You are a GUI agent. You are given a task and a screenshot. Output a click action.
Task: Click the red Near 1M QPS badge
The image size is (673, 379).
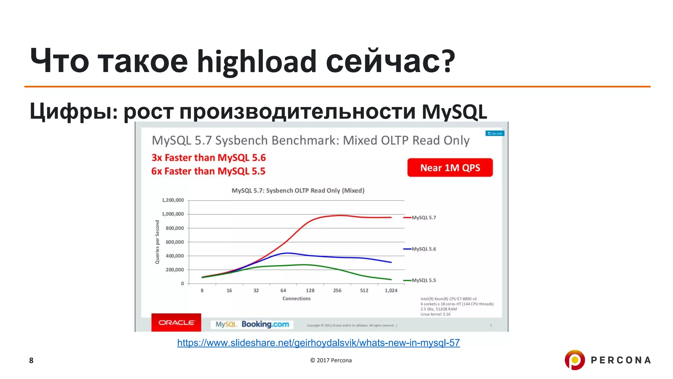coord(450,168)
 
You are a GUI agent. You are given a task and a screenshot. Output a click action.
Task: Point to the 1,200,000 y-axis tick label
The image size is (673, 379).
coord(173,200)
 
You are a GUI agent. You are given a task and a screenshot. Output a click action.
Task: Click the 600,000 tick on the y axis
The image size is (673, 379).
coord(175,242)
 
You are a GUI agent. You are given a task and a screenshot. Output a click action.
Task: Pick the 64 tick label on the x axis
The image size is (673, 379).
coord(283,291)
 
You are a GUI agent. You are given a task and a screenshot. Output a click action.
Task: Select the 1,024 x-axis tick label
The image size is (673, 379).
coord(391,291)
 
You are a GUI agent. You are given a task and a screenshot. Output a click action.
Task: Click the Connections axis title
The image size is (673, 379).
coord(296,298)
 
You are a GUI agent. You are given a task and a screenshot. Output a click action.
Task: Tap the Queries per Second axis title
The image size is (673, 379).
coord(157,242)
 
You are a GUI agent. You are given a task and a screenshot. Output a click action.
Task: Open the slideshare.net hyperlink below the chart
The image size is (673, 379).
coord(318,343)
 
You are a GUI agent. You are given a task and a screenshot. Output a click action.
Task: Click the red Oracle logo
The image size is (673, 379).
coord(176,322)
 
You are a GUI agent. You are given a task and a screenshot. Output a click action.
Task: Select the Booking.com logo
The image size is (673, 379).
coord(265,324)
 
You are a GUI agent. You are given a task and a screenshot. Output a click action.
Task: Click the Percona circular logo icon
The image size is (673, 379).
coord(575,360)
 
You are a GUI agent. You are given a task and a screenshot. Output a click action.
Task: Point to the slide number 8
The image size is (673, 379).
coord(31,361)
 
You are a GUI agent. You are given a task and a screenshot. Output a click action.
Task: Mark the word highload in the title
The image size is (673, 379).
coord(257,61)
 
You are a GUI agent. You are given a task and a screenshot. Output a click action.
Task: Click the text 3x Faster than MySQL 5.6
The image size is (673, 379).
coord(209,158)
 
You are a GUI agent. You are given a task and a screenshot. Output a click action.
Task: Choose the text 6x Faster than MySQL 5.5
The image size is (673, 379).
coord(208,171)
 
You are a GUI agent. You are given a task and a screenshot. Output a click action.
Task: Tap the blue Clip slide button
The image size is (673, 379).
coord(495,133)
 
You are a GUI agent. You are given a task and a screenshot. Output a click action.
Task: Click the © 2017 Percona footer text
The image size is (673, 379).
coord(331,360)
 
